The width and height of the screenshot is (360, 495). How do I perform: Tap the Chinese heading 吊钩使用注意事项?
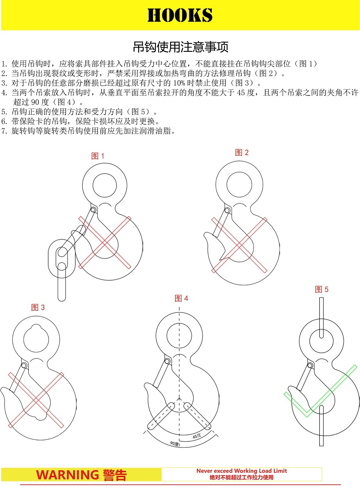[181, 47]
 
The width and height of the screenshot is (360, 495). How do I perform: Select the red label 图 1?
[98, 156]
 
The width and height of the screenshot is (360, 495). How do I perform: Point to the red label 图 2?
[242, 152]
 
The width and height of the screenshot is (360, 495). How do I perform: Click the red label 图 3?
[38, 307]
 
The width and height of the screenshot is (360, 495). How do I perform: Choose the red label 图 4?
[181, 298]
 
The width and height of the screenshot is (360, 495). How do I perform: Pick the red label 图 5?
[322, 289]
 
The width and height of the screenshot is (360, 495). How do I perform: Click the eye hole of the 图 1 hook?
[105, 185]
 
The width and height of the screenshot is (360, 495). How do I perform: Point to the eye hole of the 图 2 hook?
[239, 185]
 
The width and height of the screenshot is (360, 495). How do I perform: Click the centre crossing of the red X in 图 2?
[239, 245]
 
